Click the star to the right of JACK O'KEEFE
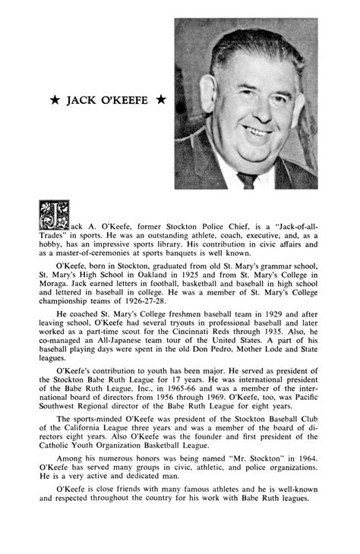tap(160, 100)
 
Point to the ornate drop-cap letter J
tap(53, 215)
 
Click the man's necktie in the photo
tap(247, 181)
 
